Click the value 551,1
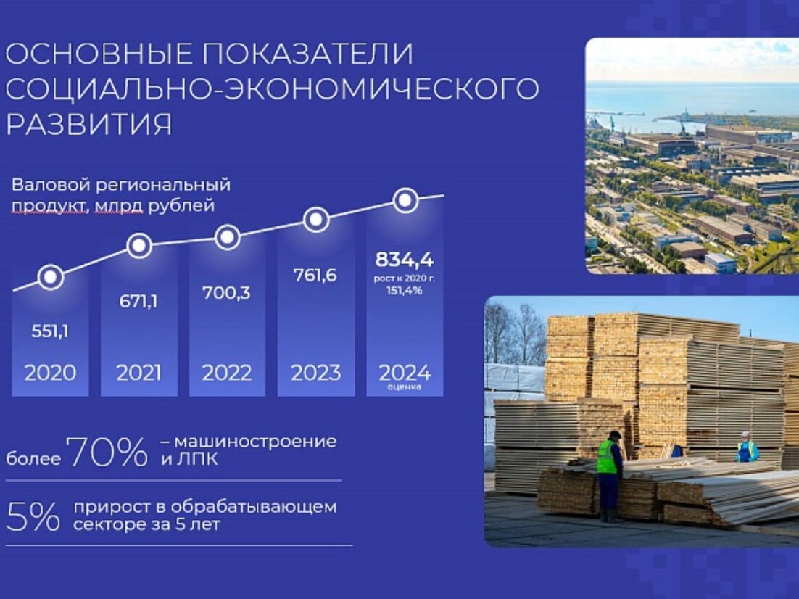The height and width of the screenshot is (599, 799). click(x=50, y=332)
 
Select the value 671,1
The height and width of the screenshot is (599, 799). click(x=138, y=302)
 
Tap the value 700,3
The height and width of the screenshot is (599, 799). click(x=227, y=293)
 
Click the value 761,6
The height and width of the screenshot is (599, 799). click(x=315, y=276)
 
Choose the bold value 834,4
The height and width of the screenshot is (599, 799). click(x=405, y=260)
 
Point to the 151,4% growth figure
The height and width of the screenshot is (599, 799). click(x=404, y=291)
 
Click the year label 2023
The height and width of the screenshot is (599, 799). click(x=316, y=373)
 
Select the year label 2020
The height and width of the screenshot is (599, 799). click(x=50, y=373)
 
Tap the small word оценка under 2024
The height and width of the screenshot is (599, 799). click(x=405, y=387)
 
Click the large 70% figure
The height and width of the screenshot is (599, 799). click(x=107, y=451)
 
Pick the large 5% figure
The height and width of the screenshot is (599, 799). click(x=33, y=516)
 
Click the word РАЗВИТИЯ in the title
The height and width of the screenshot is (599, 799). click(x=89, y=124)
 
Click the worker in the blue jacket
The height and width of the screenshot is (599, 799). click(x=747, y=447)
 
